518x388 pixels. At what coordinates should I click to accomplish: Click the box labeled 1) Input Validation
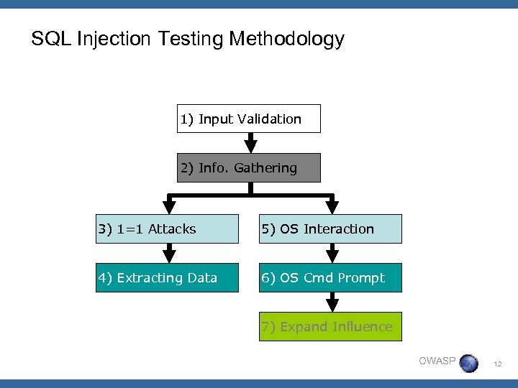tap(249, 119)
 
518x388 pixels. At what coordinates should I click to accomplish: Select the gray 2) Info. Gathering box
tap(249, 168)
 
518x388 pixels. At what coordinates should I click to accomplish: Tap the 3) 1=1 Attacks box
tap(168, 229)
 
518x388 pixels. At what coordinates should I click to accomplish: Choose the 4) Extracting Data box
tap(168, 278)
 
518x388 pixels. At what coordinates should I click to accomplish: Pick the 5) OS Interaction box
tap(330, 229)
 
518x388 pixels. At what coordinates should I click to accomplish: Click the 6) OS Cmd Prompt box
tap(330, 278)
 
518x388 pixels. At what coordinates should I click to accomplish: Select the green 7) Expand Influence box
tap(330, 327)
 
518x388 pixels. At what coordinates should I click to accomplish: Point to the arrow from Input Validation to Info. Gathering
tap(250, 143)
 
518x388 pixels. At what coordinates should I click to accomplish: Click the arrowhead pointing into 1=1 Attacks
tap(170, 207)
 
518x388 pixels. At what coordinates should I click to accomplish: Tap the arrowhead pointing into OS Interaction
tap(332, 207)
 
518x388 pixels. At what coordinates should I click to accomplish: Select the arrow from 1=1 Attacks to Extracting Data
tap(170, 253)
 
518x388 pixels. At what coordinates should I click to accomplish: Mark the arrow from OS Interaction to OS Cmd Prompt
tap(332, 253)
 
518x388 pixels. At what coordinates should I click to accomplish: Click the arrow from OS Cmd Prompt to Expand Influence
tap(332, 302)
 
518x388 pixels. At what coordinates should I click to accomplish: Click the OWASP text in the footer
tap(437, 361)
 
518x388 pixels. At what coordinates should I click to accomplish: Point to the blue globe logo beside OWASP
tap(468, 364)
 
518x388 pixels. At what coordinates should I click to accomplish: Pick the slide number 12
tap(496, 365)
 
